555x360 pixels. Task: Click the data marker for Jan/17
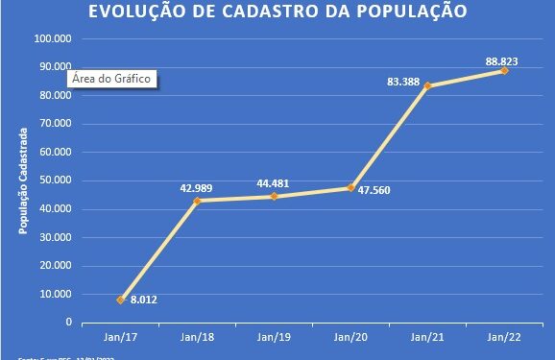point(121,300)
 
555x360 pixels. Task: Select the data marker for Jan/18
point(198,201)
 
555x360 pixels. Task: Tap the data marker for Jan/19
point(274,196)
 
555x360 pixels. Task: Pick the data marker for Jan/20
point(351,187)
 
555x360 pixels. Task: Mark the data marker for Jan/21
point(427,85)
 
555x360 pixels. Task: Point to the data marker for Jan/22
point(504,70)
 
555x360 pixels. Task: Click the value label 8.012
point(144,300)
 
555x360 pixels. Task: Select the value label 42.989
point(196,187)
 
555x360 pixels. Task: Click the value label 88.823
point(502,61)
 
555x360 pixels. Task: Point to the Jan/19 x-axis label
point(274,337)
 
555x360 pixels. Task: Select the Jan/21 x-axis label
point(427,337)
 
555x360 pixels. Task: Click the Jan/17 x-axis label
point(121,337)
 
